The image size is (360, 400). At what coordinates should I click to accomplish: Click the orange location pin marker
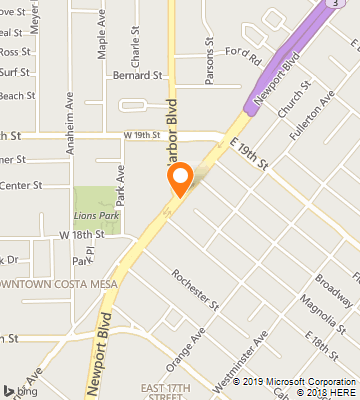pyautogui.click(x=180, y=181)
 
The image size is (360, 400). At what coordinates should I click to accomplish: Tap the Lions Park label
pyautogui.click(x=97, y=214)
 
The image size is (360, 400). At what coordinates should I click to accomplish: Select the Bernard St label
pyautogui.click(x=138, y=75)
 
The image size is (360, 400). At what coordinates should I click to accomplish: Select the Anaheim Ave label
pyautogui.click(x=70, y=115)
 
